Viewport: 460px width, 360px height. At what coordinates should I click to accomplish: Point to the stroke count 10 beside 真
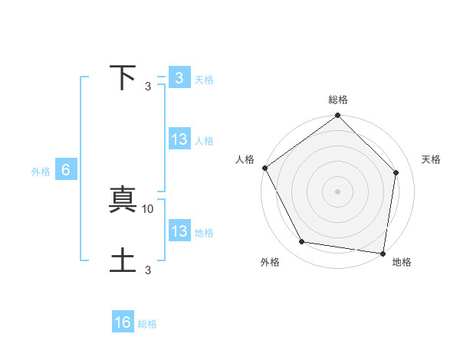point(148,208)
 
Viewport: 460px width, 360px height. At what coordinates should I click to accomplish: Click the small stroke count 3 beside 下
point(148,86)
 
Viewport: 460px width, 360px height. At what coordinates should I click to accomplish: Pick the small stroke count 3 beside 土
point(148,269)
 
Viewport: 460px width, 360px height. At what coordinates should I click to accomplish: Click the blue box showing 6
point(66,170)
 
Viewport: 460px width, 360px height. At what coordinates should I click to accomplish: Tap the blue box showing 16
point(123,322)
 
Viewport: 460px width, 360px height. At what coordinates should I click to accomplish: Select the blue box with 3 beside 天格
point(179,77)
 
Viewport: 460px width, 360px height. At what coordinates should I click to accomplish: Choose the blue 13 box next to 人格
point(179,139)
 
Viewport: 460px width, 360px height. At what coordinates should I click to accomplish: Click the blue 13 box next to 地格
point(179,231)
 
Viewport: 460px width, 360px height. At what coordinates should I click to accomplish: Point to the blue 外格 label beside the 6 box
point(41,172)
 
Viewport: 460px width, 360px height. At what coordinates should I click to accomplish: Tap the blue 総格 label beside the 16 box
point(147,324)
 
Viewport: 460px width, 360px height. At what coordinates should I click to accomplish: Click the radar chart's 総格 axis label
point(338,100)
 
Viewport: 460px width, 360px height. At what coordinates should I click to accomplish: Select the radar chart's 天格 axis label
point(431,159)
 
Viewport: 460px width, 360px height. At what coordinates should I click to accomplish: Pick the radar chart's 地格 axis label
point(402,263)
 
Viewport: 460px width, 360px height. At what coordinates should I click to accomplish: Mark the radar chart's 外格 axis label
point(270,263)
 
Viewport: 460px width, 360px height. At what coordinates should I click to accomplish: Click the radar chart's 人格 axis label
point(245,159)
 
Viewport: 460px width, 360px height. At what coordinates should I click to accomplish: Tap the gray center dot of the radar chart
point(338,191)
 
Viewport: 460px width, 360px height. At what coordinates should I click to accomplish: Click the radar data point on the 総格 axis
point(338,116)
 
